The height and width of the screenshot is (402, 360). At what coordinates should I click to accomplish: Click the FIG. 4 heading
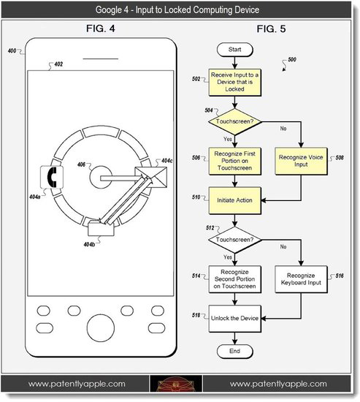pos(100,30)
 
